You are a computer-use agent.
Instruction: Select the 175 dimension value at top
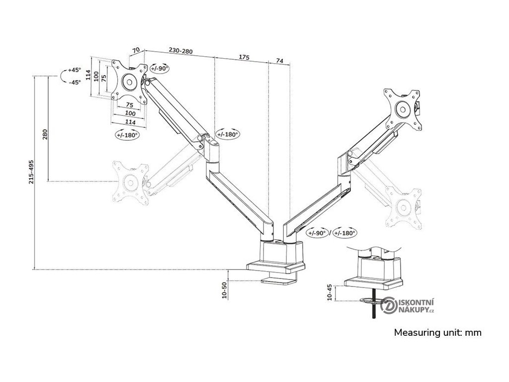[x=244, y=58]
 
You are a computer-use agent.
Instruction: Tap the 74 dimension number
[x=279, y=61]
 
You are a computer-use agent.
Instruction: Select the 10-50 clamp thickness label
[x=224, y=290]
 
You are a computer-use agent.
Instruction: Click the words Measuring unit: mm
[x=438, y=333]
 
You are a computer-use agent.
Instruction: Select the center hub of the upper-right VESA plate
[x=402, y=107]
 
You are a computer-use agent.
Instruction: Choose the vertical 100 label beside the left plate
[x=96, y=78]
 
